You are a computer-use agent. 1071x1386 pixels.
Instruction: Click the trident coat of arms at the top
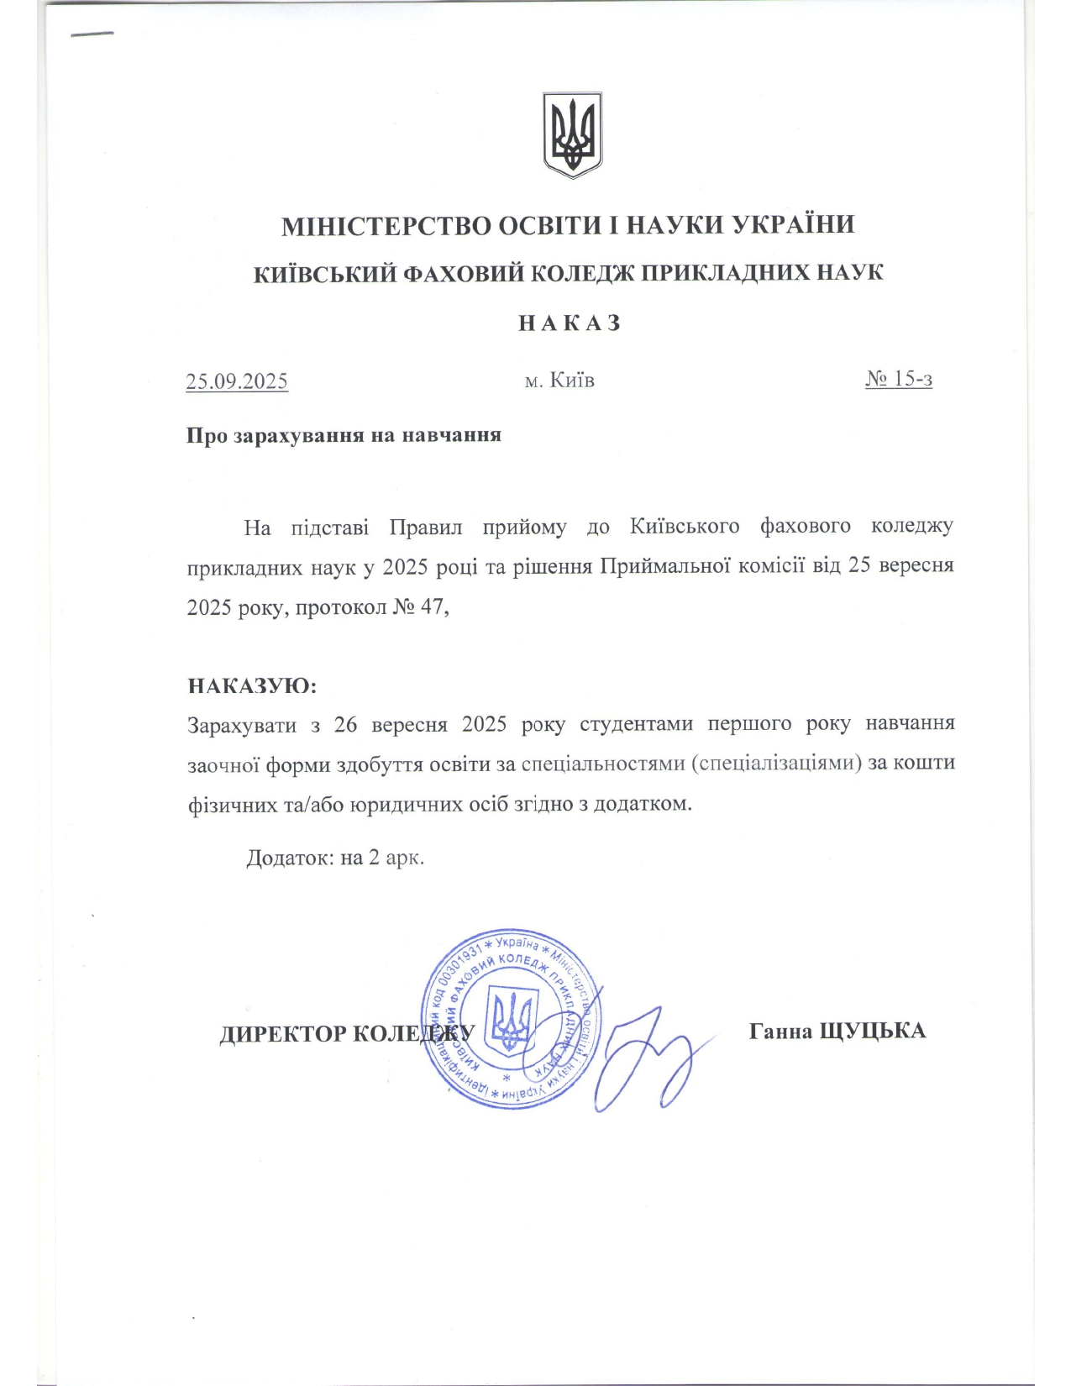[571, 134]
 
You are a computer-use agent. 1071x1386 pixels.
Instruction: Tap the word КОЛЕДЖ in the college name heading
[586, 274]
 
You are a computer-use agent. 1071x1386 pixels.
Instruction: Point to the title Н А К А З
[570, 323]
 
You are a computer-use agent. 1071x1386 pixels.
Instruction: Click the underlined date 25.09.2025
[237, 381]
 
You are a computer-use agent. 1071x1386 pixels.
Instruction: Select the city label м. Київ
[559, 381]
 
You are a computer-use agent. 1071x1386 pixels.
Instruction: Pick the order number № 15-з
[899, 379]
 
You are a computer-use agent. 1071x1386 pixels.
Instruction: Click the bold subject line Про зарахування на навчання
[344, 435]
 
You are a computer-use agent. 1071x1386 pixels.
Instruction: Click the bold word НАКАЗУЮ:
[252, 685]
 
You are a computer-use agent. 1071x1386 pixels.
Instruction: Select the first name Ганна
[780, 1031]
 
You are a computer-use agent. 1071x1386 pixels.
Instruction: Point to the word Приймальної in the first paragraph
[663, 565]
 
